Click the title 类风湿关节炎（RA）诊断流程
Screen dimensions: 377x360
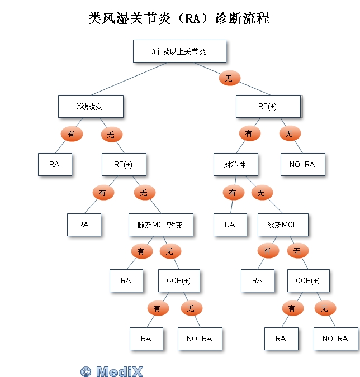[179, 18]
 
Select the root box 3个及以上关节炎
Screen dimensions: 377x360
[179, 51]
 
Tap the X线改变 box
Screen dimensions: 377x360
[90, 106]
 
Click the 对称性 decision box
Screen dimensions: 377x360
[235, 164]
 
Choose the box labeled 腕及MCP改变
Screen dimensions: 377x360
[160, 225]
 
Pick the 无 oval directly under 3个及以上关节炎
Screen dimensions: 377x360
[229, 79]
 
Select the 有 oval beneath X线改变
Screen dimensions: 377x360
[71, 134]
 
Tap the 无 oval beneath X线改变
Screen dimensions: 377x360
[111, 135]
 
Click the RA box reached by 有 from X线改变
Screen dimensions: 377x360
[55, 164]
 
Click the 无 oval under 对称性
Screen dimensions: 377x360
[262, 193]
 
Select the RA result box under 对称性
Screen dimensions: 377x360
[230, 225]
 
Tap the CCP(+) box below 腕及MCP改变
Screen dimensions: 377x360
[179, 280]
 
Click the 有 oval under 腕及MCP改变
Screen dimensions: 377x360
[141, 251]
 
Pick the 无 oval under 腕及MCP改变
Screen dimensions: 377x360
[170, 251]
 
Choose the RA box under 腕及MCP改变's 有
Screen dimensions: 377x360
[126, 280]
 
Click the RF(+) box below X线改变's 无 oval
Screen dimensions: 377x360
[124, 164]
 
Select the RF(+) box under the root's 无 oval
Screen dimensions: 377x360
[268, 106]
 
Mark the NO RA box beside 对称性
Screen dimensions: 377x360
[302, 164]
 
